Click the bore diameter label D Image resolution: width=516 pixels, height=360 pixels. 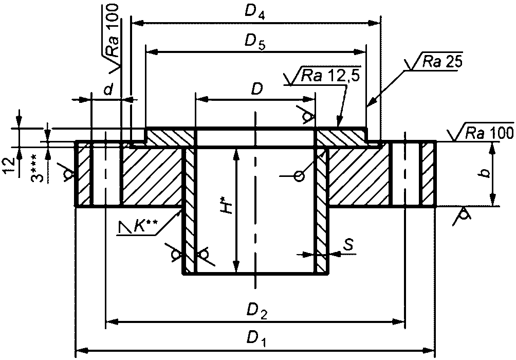pos(256,88)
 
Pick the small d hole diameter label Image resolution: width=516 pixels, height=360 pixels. pos(108,89)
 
